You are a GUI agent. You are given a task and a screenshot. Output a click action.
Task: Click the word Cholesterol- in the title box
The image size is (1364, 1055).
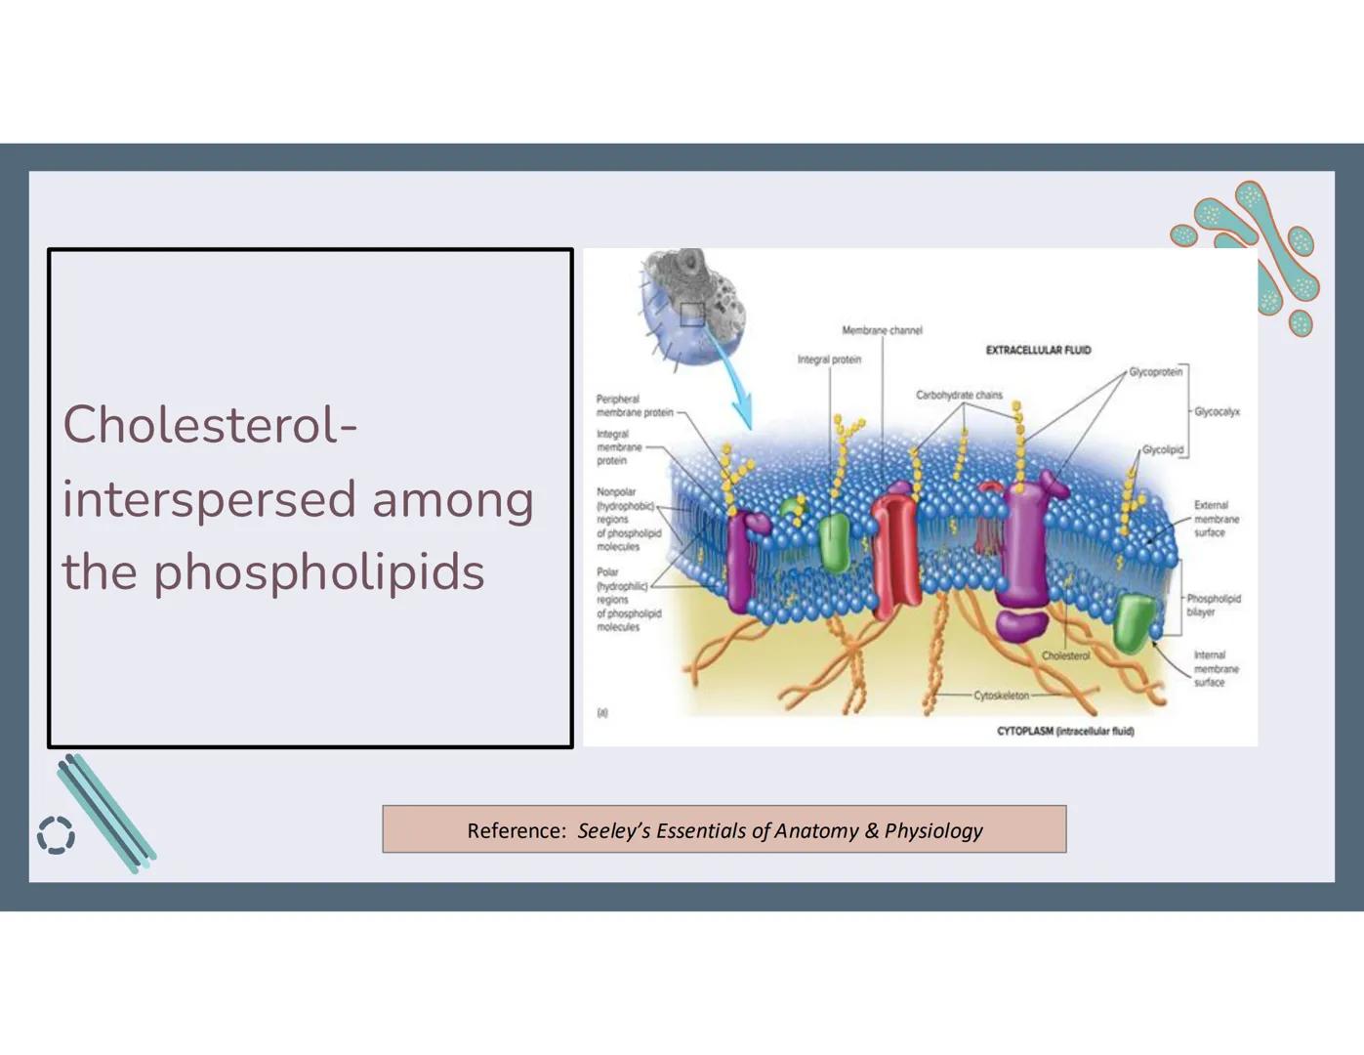tap(210, 425)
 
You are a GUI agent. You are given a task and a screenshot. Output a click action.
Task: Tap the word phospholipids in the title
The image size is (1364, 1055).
tap(318, 572)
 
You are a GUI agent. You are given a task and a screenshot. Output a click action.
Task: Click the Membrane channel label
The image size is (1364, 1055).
tap(882, 330)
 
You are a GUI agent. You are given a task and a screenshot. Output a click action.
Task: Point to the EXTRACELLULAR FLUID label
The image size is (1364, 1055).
tap(1038, 350)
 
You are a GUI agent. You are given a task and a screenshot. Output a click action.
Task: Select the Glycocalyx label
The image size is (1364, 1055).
tap(1217, 412)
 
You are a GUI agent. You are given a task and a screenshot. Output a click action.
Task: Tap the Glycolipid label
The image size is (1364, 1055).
tap(1162, 450)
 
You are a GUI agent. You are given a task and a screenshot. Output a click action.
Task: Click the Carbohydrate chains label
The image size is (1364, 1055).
tap(958, 396)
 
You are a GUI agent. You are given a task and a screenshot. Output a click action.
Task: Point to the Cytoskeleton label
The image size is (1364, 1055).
tap(1001, 696)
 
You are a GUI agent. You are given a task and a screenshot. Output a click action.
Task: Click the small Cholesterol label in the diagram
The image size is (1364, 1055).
tap(1065, 655)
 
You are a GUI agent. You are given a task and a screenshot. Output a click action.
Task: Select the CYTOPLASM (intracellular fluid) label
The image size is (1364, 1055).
tap(1065, 731)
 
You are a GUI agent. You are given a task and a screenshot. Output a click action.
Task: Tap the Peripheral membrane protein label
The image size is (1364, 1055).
tap(634, 405)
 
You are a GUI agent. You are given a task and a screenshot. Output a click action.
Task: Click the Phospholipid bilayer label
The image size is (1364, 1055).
tap(1213, 605)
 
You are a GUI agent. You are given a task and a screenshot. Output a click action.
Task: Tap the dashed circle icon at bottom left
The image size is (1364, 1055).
tap(56, 835)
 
